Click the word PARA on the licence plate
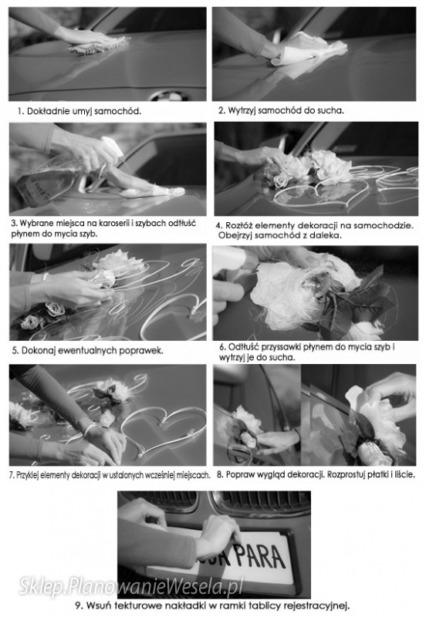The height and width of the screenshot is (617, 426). click(260, 556)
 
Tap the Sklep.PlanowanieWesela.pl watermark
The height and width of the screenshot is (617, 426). click(130, 586)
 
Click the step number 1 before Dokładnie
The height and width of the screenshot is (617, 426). click(20, 111)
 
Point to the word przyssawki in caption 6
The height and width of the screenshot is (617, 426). click(281, 347)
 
